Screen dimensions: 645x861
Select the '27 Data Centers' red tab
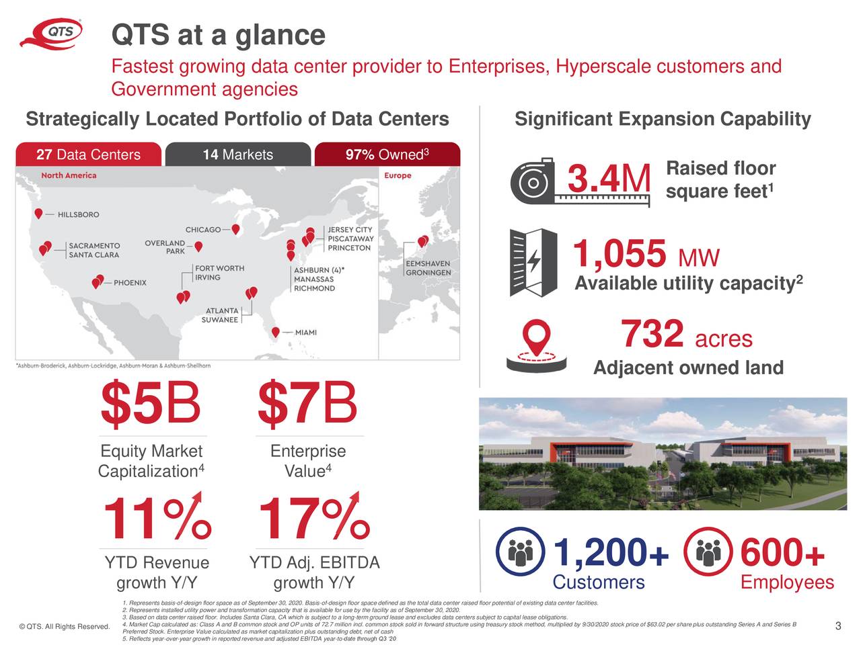pyautogui.click(x=88, y=155)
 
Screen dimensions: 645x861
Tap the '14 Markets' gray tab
pyautogui.click(x=237, y=155)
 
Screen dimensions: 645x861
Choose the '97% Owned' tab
pyautogui.click(x=387, y=155)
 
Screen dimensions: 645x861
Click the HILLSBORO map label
pyautogui.click(x=78, y=215)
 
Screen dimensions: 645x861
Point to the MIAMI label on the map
pyautogui.click(x=306, y=333)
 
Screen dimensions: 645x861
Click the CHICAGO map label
pyautogui.click(x=202, y=230)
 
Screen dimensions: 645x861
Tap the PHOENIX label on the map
pyautogui.click(x=130, y=283)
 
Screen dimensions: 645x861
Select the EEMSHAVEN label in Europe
pyautogui.click(x=428, y=264)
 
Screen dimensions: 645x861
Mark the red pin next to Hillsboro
pyautogui.click(x=39, y=213)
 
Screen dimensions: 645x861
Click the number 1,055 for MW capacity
pyautogui.click(x=620, y=255)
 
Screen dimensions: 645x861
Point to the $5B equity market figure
pyautogui.click(x=150, y=404)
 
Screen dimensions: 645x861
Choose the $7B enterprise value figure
pyautogui.click(x=307, y=404)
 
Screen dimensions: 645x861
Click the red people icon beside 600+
pyautogui.click(x=706, y=552)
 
